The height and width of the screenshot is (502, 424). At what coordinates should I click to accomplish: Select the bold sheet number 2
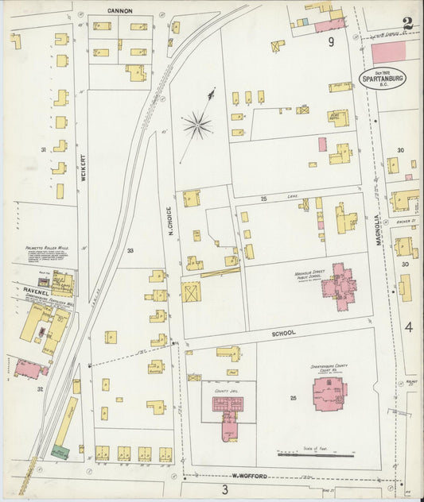pyautogui.click(x=407, y=23)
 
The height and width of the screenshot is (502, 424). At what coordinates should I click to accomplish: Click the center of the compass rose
pyautogui.click(x=196, y=125)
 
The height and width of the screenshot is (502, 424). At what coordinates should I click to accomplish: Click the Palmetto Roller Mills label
pyautogui.click(x=47, y=247)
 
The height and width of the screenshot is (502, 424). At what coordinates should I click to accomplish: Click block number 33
pyautogui.click(x=130, y=251)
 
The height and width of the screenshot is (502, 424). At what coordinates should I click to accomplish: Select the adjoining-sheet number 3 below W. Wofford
pyautogui.click(x=225, y=489)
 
